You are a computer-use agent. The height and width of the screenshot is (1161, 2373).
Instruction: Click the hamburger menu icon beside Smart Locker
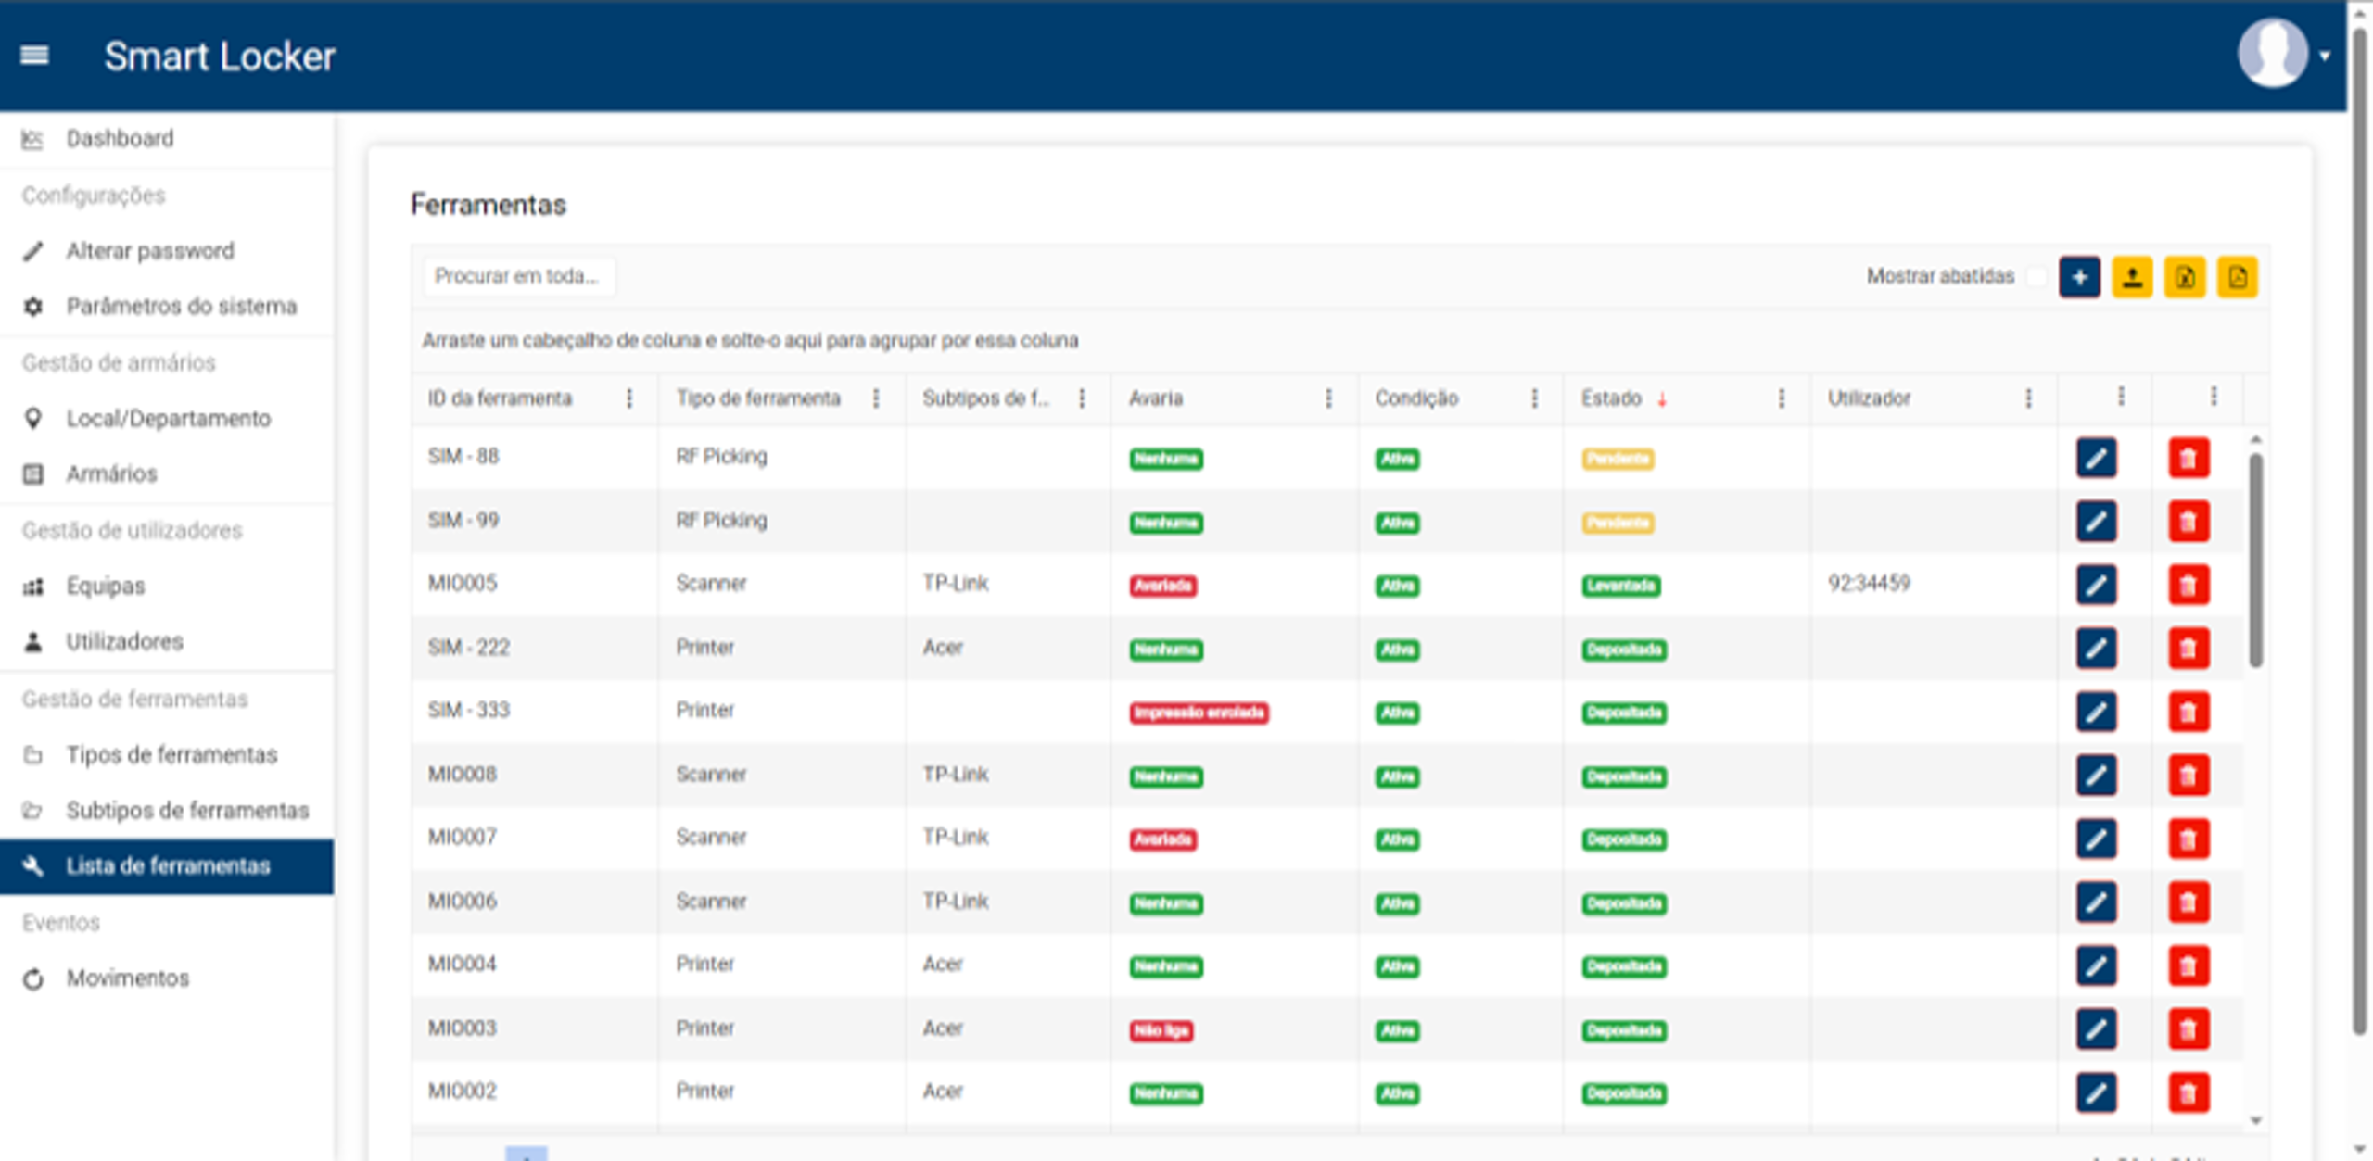[x=34, y=56]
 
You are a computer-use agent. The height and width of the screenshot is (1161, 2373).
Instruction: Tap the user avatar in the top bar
[x=2272, y=55]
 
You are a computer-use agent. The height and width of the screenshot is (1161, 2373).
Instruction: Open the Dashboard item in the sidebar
[x=120, y=139]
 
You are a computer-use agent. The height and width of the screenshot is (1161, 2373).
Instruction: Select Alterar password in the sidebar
[x=149, y=251]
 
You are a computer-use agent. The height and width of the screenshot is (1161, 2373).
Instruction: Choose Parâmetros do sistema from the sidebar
[x=181, y=307]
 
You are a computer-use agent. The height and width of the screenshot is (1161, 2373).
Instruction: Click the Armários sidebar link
[x=111, y=474]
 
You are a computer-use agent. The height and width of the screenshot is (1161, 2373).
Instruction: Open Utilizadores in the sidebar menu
[x=124, y=642]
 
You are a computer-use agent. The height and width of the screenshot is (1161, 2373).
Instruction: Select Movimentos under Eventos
[x=127, y=978]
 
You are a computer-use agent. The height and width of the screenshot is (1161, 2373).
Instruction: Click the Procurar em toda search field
[x=517, y=276]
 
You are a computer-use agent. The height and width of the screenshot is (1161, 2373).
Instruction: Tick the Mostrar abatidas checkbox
[x=2035, y=277]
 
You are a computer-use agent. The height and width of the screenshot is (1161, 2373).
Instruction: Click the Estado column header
[x=1611, y=398]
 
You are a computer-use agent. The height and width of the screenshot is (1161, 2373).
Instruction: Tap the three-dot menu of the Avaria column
[x=1328, y=398]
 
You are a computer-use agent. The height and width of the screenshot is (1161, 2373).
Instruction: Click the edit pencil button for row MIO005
[x=2096, y=585]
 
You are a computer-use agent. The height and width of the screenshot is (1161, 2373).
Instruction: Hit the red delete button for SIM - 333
[x=2189, y=712]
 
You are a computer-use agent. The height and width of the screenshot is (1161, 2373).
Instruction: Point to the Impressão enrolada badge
[x=1199, y=713]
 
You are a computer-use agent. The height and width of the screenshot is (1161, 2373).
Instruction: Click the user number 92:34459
[x=1868, y=584]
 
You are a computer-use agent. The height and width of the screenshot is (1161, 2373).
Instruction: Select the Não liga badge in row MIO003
[x=1161, y=1030]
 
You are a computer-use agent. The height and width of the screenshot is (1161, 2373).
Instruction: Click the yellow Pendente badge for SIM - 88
[x=1618, y=459]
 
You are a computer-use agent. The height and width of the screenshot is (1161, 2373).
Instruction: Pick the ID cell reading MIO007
[x=462, y=838]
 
